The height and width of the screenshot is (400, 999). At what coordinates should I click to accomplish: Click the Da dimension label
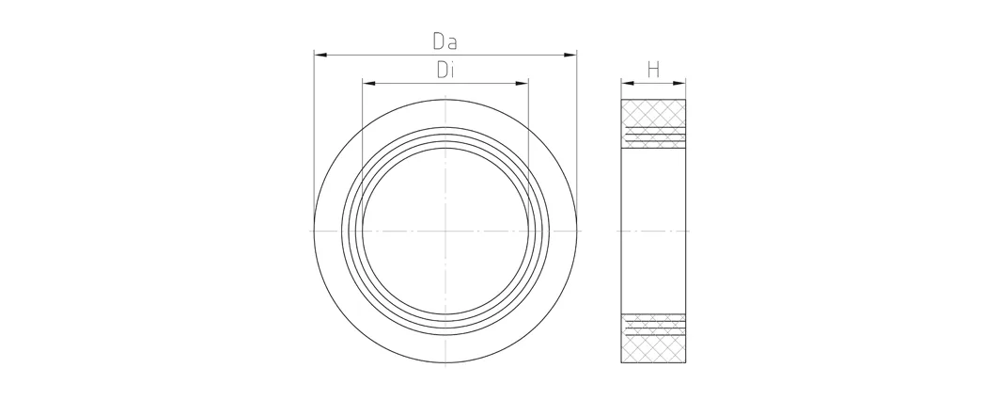tap(445, 41)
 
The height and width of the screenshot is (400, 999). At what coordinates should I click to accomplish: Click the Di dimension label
tap(445, 70)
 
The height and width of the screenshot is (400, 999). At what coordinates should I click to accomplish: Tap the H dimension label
tap(653, 70)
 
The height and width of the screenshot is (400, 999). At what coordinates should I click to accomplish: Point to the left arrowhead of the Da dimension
tap(320, 55)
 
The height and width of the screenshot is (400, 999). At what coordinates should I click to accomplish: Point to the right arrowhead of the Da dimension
tap(570, 55)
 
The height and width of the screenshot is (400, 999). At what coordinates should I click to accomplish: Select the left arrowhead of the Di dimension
tap(368, 83)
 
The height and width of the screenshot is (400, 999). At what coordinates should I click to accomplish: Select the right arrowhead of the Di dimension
tap(522, 83)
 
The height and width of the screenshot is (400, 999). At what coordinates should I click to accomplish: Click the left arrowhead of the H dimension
tap(628, 83)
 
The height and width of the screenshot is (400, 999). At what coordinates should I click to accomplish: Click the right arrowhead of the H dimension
tap(679, 83)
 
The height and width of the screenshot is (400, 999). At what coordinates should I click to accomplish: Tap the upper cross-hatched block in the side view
tap(654, 123)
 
